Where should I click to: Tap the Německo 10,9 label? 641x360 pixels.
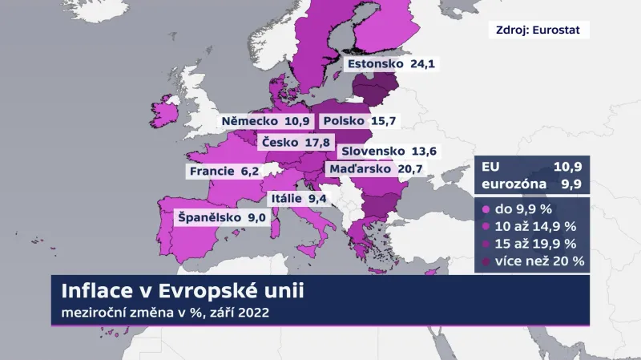point(264,121)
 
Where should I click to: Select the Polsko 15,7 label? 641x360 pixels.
point(358,121)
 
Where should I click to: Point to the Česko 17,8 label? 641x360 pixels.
point(296,143)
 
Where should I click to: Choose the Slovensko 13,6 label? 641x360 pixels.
point(389,152)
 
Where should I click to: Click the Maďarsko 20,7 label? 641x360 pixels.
point(376,168)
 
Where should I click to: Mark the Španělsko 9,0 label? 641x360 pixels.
point(220,216)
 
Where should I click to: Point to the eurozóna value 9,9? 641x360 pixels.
point(571,185)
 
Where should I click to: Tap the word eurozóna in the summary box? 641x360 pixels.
point(514,185)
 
